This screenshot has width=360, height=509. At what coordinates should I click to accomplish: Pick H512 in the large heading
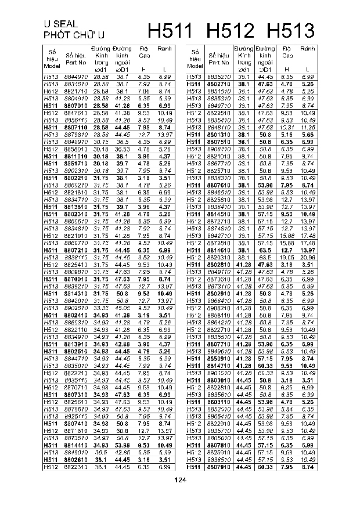232,31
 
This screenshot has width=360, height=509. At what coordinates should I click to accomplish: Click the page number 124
180,479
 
